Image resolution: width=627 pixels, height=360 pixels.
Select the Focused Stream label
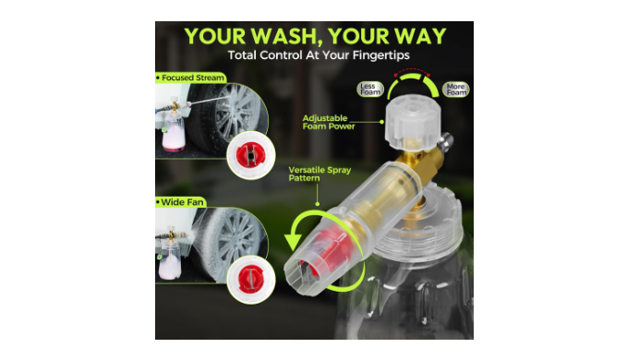191,78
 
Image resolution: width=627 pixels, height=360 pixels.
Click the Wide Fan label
181,202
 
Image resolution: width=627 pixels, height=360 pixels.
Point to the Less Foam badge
370,90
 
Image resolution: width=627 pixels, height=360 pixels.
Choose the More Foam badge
456,90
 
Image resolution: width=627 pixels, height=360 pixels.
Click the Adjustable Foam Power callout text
329,122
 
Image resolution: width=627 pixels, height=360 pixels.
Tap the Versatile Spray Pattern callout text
320,174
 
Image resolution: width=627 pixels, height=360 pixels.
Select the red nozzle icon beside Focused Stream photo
251,155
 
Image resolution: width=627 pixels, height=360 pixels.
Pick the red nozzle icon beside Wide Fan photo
251,279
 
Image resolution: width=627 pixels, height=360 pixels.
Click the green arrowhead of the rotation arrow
293,242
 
